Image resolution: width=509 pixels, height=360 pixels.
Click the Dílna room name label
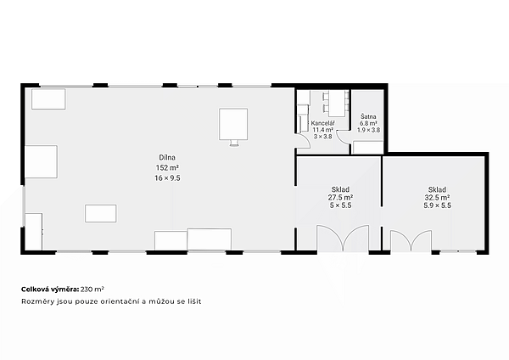167,158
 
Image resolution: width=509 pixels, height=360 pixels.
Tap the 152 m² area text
167,167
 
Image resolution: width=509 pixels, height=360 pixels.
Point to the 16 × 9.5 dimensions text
167,178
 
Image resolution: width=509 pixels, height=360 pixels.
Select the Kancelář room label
322,123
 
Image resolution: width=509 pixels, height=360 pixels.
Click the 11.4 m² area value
322,130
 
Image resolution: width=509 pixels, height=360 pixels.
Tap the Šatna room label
368,116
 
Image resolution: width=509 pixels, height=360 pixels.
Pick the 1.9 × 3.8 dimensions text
368,130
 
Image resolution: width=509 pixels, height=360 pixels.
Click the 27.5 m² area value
340,197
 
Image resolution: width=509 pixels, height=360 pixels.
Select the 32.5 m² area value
437,197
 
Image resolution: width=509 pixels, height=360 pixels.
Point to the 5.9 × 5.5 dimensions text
437,205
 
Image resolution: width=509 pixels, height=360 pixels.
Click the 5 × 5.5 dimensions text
340,205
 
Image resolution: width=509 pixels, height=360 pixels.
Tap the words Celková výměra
50,290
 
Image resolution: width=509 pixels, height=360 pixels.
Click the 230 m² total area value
92,290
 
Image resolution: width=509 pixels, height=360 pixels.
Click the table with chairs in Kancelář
336,104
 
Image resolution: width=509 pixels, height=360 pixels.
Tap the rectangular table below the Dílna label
101,213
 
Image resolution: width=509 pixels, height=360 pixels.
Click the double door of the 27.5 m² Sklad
343,238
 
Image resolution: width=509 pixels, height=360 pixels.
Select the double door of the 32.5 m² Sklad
411,241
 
